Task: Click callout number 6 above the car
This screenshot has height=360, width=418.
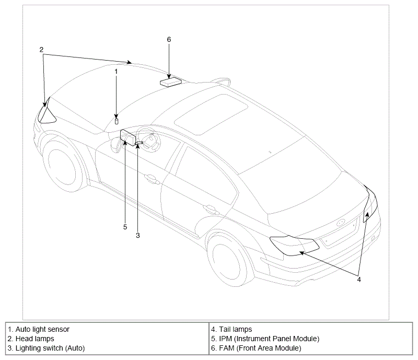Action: coord(169,40)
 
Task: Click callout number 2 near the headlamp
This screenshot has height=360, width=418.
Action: coord(41,50)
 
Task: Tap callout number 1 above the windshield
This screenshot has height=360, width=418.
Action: coord(116,72)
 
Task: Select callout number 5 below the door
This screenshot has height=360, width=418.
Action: coord(125,227)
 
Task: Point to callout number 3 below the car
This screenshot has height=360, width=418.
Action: coord(138,236)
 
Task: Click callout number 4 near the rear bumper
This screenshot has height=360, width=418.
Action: coord(359,280)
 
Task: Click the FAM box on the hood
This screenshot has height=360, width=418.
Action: coord(171,82)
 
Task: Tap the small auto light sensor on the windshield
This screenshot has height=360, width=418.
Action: coord(117,122)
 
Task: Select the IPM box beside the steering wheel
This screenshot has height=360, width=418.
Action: coord(128,138)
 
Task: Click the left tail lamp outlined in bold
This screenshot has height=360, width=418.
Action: coord(294,246)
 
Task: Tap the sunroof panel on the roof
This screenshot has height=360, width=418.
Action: coord(211,114)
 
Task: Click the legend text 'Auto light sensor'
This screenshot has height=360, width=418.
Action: coord(42,329)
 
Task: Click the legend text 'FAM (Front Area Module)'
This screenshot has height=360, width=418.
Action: coord(260,348)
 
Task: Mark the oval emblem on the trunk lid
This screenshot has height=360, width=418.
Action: coord(341,223)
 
